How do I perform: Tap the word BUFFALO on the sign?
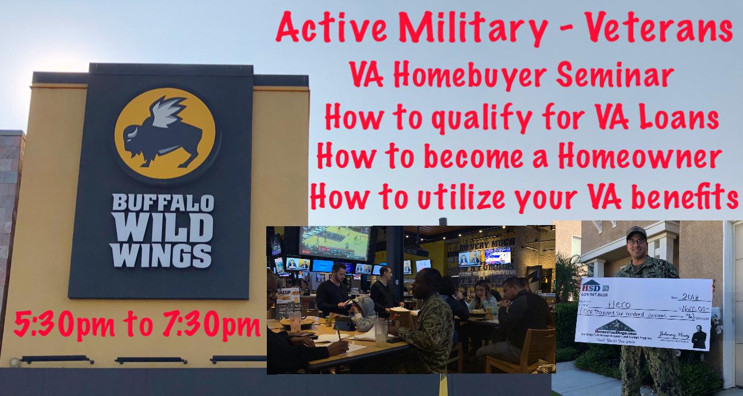163,205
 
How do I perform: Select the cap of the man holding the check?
636,231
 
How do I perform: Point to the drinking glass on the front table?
380,332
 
